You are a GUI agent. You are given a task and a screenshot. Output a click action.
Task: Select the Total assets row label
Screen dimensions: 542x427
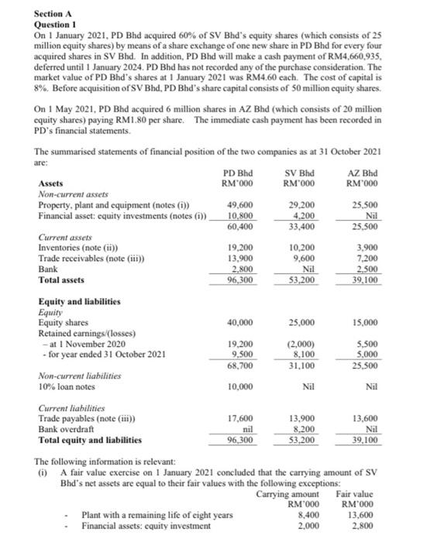(64, 280)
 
